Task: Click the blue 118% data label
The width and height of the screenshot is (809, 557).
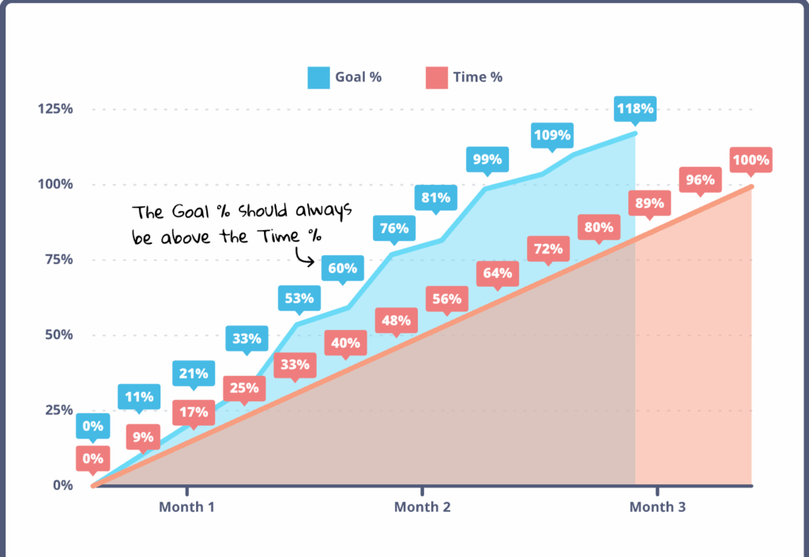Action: [635, 108]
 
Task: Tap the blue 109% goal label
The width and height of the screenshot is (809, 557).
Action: [551, 134]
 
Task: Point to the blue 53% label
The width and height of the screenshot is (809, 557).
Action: [299, 299]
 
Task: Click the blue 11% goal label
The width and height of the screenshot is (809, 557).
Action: [139, 397]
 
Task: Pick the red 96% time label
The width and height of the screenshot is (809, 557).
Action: [700, 180]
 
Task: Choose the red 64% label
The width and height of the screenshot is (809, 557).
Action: [498, 274]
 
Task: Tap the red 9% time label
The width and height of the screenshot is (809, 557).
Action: [144, 435]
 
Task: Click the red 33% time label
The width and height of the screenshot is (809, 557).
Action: [295, 366]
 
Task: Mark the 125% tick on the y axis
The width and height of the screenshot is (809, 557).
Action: [55, 109]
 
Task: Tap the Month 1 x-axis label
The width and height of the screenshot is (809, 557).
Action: [186, 507]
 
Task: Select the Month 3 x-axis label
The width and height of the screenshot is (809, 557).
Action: [657, 507]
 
